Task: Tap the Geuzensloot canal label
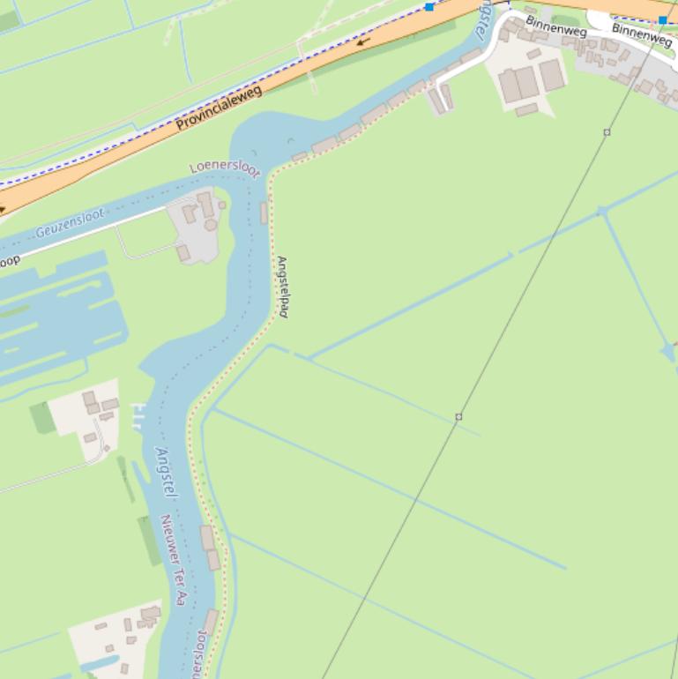tap(70, 223)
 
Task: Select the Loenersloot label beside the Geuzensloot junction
tap(225, 168)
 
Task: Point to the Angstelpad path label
tap(282, 287)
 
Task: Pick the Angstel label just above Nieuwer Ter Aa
tap(165, 473)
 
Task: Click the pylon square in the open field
tap(458, 416)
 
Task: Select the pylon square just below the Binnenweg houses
tap(607, 132)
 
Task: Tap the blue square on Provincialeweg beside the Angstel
tap(429, 7)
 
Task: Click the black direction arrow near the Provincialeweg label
tap(362, 41)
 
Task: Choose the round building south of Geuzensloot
tap(211, 225)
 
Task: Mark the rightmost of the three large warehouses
tap(552, 75)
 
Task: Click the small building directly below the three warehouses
tap(526, 110)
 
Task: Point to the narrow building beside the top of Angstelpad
tap(264, 213)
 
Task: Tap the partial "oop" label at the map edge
tap(10, 260)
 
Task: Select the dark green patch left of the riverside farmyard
tap(42, 417)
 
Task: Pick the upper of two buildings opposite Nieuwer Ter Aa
tap(207, 537)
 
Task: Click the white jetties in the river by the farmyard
tap(137, 414)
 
